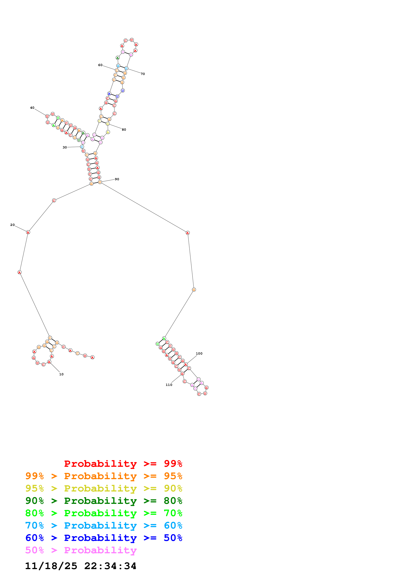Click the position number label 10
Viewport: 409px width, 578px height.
click(x=61, y=374)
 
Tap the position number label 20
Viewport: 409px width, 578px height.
click(x=12, y=225)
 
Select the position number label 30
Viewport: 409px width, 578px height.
click(x=65, y=147)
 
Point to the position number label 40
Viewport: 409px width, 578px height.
click(x=32, y=108)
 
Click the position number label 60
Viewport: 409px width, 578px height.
click(x=100, y=65)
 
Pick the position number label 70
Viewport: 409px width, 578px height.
click(x=143, y=74)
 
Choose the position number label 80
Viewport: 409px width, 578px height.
click(x=124, y=130)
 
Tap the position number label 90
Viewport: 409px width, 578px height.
click(x=117, y=179)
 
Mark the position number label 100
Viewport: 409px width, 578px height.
click(x=199, y=353)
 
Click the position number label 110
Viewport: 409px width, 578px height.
click(x=169, y=385)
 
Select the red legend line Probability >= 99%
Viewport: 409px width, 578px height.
click(x=123, y=463)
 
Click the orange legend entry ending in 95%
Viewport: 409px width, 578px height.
click(x=104, y=476)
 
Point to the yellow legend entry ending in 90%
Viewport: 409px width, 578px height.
click(x=104, y=488)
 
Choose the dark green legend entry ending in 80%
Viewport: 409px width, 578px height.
click(x=104, y=501)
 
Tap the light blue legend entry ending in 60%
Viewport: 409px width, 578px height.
click(x=104, y=525)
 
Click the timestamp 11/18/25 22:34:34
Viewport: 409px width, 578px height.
click(x=81, y=566)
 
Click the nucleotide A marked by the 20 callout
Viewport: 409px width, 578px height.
click(x=28, y=232)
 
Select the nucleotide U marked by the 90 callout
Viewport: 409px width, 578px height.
click(x=100, y=182)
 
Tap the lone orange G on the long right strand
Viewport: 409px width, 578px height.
click(x=194, y=290)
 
